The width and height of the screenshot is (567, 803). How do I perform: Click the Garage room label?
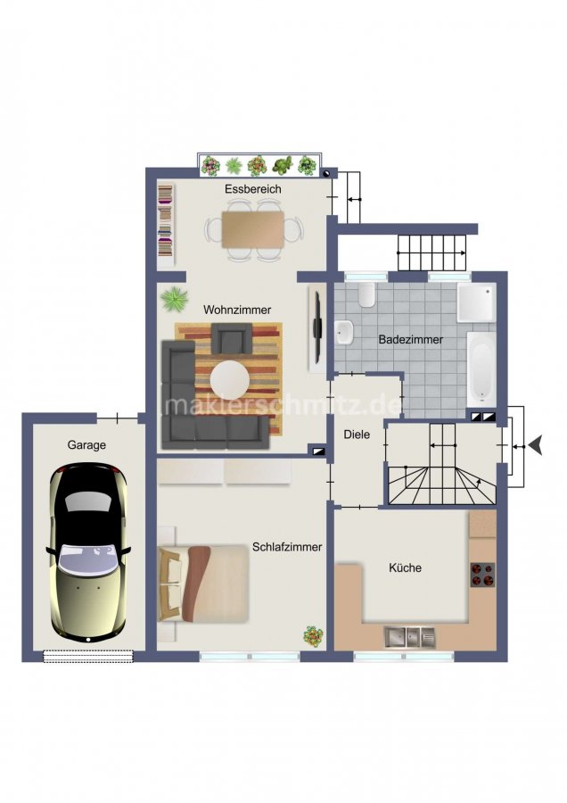tap(86, 445)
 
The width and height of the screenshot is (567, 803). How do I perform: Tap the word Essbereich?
tap(253, 189)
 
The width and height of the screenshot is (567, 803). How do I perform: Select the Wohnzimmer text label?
tap(237, 310)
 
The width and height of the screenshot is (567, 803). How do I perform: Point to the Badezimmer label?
tap(410, 339)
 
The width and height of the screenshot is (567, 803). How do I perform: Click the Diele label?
tap(357, 435)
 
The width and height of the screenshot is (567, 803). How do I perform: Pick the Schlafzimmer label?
tap(287, 547)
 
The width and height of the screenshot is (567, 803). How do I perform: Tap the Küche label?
tap(405, 567)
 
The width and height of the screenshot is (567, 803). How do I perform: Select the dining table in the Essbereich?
tap(253, 229)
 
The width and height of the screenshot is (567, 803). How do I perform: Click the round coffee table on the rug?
tap(230, 380)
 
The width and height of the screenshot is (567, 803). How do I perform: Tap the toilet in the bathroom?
tap(366, 294)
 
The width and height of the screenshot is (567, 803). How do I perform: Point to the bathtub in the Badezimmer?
tap(481, 369)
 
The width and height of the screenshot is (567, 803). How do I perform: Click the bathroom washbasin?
tap(344, 333)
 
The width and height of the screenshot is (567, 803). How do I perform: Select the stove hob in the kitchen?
tap(482, 575)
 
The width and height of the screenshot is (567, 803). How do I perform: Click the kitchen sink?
tap(410, 637)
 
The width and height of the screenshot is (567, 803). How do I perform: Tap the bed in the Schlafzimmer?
tap(203, 584)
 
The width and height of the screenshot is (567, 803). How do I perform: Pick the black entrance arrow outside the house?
tap(536, 446)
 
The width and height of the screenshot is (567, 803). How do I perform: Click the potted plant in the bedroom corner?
tap(313, 636)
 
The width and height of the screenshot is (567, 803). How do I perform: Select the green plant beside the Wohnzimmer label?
tap(174, 299)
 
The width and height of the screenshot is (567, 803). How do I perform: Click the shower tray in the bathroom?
tap(476, 302)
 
